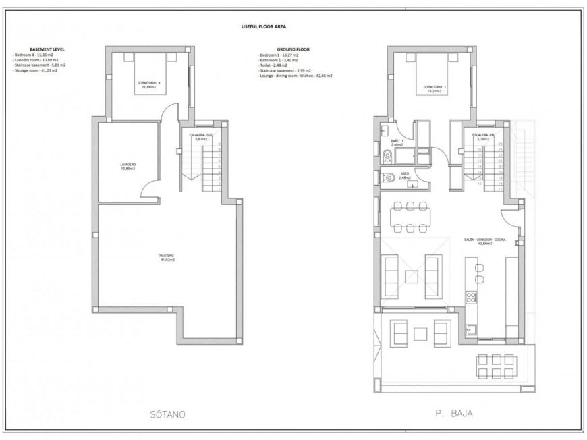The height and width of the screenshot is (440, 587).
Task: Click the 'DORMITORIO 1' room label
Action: coord(435,87)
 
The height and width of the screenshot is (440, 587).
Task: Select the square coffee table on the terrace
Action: coord(421,334)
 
